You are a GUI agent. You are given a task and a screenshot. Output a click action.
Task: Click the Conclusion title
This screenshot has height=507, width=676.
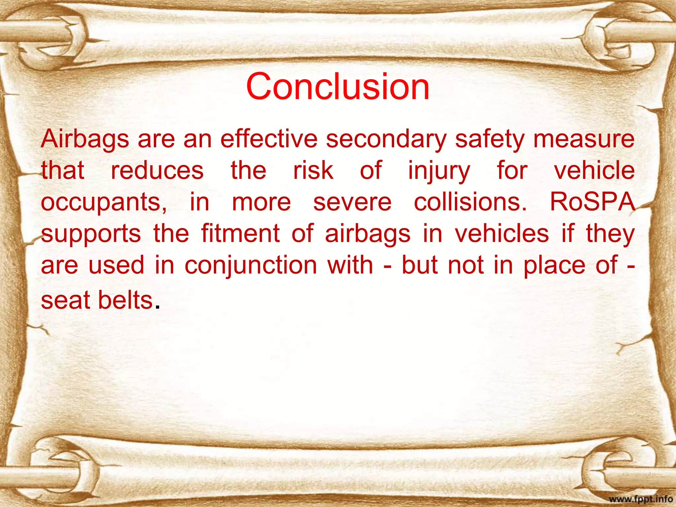[x=338, y=86]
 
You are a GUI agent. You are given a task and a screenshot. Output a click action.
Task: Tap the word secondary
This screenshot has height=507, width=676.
[x=386, y=139]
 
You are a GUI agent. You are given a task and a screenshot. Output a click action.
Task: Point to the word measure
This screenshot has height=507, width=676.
[x=584, y=139]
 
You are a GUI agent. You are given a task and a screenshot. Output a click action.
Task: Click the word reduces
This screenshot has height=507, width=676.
[x=157, y=170]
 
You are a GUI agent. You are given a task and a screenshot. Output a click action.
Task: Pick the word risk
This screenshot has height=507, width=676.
[x=313, y=170]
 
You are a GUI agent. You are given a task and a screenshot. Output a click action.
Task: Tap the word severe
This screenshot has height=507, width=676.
[x=352, y=202]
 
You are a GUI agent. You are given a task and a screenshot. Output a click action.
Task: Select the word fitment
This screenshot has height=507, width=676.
[x=241, y=233]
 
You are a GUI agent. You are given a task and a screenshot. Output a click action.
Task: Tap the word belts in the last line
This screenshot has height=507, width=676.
[x=125, y=300]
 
